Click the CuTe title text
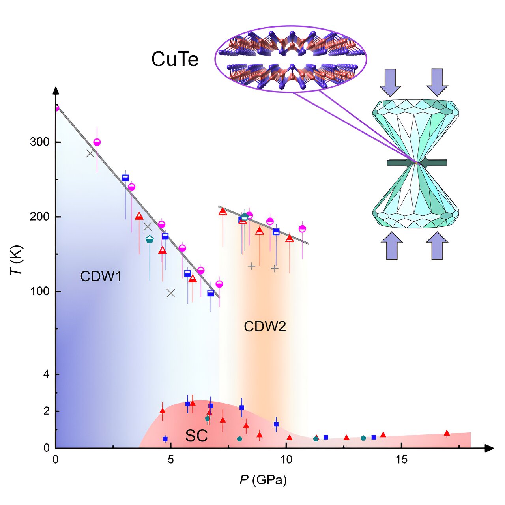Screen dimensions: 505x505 [175, 60]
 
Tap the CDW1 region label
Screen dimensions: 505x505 [101, 276]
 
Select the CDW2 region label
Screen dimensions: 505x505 [265, 327]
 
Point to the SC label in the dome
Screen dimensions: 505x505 [196, 436]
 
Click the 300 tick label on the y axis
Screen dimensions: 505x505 [39, 142]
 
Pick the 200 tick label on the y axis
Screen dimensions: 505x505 [39, 217]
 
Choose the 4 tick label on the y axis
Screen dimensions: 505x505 [47, 374]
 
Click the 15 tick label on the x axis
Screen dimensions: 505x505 [401, 460]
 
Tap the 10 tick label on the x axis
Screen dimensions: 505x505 [286, 460]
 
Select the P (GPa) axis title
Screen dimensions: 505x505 [263, 480]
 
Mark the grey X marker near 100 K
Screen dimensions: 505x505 [171, 293]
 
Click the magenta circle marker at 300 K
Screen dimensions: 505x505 [97, 142]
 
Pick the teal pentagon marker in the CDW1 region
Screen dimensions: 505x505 [150, 239]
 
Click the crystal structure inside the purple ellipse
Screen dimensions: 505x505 [291, 60]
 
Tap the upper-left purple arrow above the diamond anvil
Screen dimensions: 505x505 [390, 82]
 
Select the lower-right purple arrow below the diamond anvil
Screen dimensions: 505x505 [437, 245]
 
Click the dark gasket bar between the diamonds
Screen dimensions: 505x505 [417, 163]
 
